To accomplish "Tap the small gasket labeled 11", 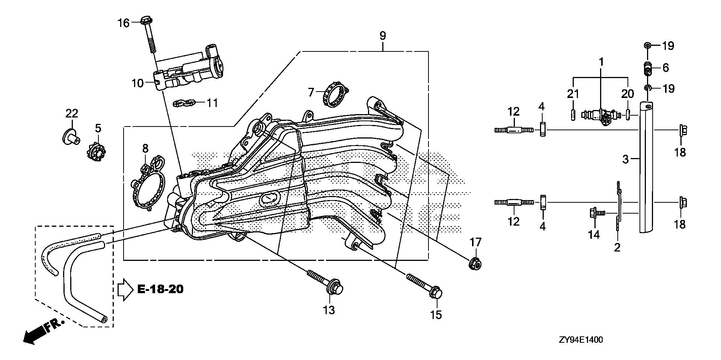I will click(x=184, y=102).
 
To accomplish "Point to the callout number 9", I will click(x=382, y=36).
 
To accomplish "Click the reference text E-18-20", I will click(x=160, y=289).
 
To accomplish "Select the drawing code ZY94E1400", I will click(x=581, y=340).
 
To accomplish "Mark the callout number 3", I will click(x=625, y=159).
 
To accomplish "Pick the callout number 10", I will click(x=138, y=83).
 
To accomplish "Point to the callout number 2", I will click(x=617, y=247).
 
